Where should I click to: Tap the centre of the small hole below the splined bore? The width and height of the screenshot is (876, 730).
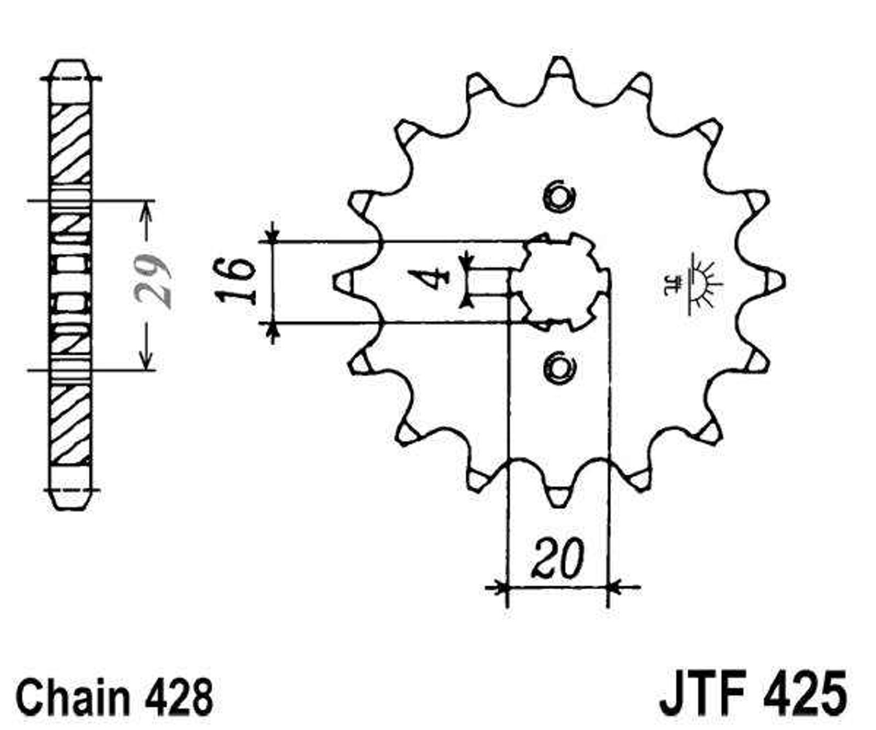pyautogui.click(x=559, y=366)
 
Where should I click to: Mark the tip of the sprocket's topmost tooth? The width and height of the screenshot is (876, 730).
pyautogui.click(x=559, y=59)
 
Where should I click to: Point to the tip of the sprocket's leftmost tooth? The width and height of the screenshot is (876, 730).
pyautogui.click(x=335, y=281)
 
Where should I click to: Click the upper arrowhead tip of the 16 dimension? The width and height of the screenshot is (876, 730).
pyautogui.click(x=272, y=241)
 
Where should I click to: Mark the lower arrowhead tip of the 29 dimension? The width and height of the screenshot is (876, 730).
pyautogui.click(x=145, y=369)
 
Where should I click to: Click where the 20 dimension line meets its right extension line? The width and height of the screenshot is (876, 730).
pyautogui.click(x=608, y=588)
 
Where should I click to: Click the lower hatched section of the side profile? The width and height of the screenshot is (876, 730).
pyautogui.click(x=71, y=425)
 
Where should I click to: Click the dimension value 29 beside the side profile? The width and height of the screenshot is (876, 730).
pyautogui.click(x=153, y=280)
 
